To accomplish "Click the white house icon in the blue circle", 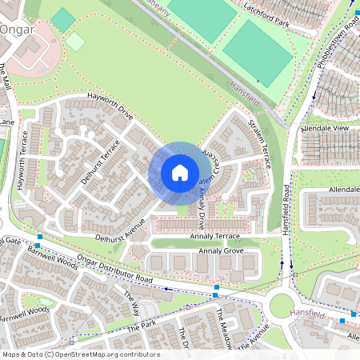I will [x=180, y=173].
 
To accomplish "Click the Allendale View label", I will [x=324, y=128].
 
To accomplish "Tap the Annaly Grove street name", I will [x=221, y=251].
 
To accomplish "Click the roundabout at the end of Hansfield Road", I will [x=283, y=305].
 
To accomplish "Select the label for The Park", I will [x=141, y=329].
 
